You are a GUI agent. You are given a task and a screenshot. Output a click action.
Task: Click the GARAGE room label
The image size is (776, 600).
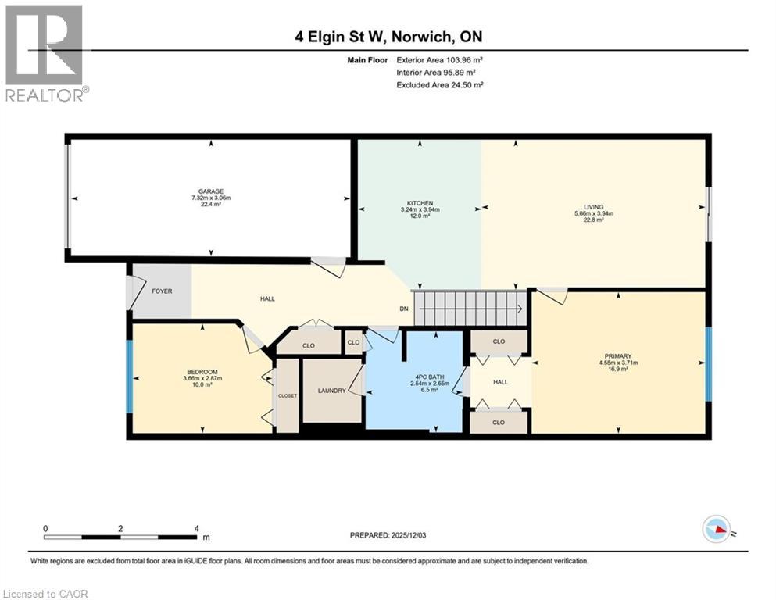click(x=210, y=191)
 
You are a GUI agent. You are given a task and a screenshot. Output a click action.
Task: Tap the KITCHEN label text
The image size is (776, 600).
click(x=420, y=203)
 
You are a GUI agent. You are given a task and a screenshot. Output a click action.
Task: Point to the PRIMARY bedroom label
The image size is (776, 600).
click(x=618, y=355)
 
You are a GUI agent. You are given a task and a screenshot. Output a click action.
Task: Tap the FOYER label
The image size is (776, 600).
click(x=162, y=291)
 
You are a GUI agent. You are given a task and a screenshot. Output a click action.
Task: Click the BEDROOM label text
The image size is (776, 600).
click(x=202, y=371)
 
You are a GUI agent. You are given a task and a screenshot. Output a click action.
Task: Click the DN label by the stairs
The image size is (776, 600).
click(x=404, y=309)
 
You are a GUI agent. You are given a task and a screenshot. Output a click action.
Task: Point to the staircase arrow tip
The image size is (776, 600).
click(x=520, y=307)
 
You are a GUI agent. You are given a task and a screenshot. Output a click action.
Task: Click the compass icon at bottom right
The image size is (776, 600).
click(x=716, y=530)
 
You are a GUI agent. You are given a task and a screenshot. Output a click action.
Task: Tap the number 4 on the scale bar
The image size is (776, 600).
click(x=196, y=528)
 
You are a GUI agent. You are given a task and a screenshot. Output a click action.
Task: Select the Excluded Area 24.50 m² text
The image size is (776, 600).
click(x=439, y=84)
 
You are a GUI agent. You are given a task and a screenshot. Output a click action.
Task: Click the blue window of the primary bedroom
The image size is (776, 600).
click(x=708, y=362)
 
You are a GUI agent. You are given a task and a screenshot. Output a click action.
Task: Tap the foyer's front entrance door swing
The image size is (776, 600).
click(x=130, y=291)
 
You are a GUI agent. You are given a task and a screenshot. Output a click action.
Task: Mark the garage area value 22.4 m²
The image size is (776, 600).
click(x=210, y=206)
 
